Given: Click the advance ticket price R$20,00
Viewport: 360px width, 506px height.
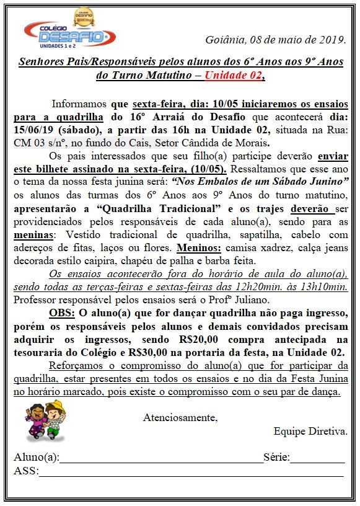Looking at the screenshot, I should (x=202, y=339).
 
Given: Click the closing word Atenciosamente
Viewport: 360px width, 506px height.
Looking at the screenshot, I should (x=180, y=417).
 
